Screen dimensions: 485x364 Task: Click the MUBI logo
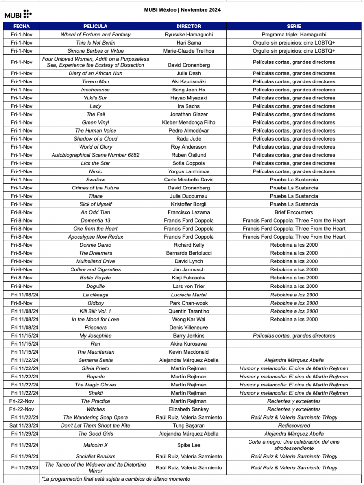pos(18,14)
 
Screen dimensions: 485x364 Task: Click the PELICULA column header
pos(95,27)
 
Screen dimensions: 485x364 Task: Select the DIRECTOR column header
pos(188,27)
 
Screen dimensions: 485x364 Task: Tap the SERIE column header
pos(293,27)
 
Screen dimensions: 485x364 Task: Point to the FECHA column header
pos(21,27)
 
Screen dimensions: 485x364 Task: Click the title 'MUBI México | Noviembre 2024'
pos(182,10)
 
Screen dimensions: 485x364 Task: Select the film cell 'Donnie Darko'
pos(95,245)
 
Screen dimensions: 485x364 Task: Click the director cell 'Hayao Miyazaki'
pos(188,98)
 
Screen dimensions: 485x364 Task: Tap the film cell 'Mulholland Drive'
pos(95,261)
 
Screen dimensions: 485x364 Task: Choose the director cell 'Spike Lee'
pos(188,445)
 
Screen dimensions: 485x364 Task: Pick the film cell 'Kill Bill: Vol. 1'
pos(95,311)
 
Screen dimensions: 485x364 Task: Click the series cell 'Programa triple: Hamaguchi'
pos(293,35)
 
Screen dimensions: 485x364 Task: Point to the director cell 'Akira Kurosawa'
pos(188,344)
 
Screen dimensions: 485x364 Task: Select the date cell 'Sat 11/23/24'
pos(21,426)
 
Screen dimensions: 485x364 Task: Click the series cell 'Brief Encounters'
pos(293,213)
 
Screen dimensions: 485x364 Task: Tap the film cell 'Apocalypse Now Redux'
pos(95,237)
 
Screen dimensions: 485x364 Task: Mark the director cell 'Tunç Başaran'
pos(188,426)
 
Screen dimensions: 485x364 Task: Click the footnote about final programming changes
pos(116,479)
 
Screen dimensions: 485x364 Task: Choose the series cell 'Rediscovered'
pos(293,426)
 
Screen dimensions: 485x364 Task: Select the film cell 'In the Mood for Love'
pos(95,319)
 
